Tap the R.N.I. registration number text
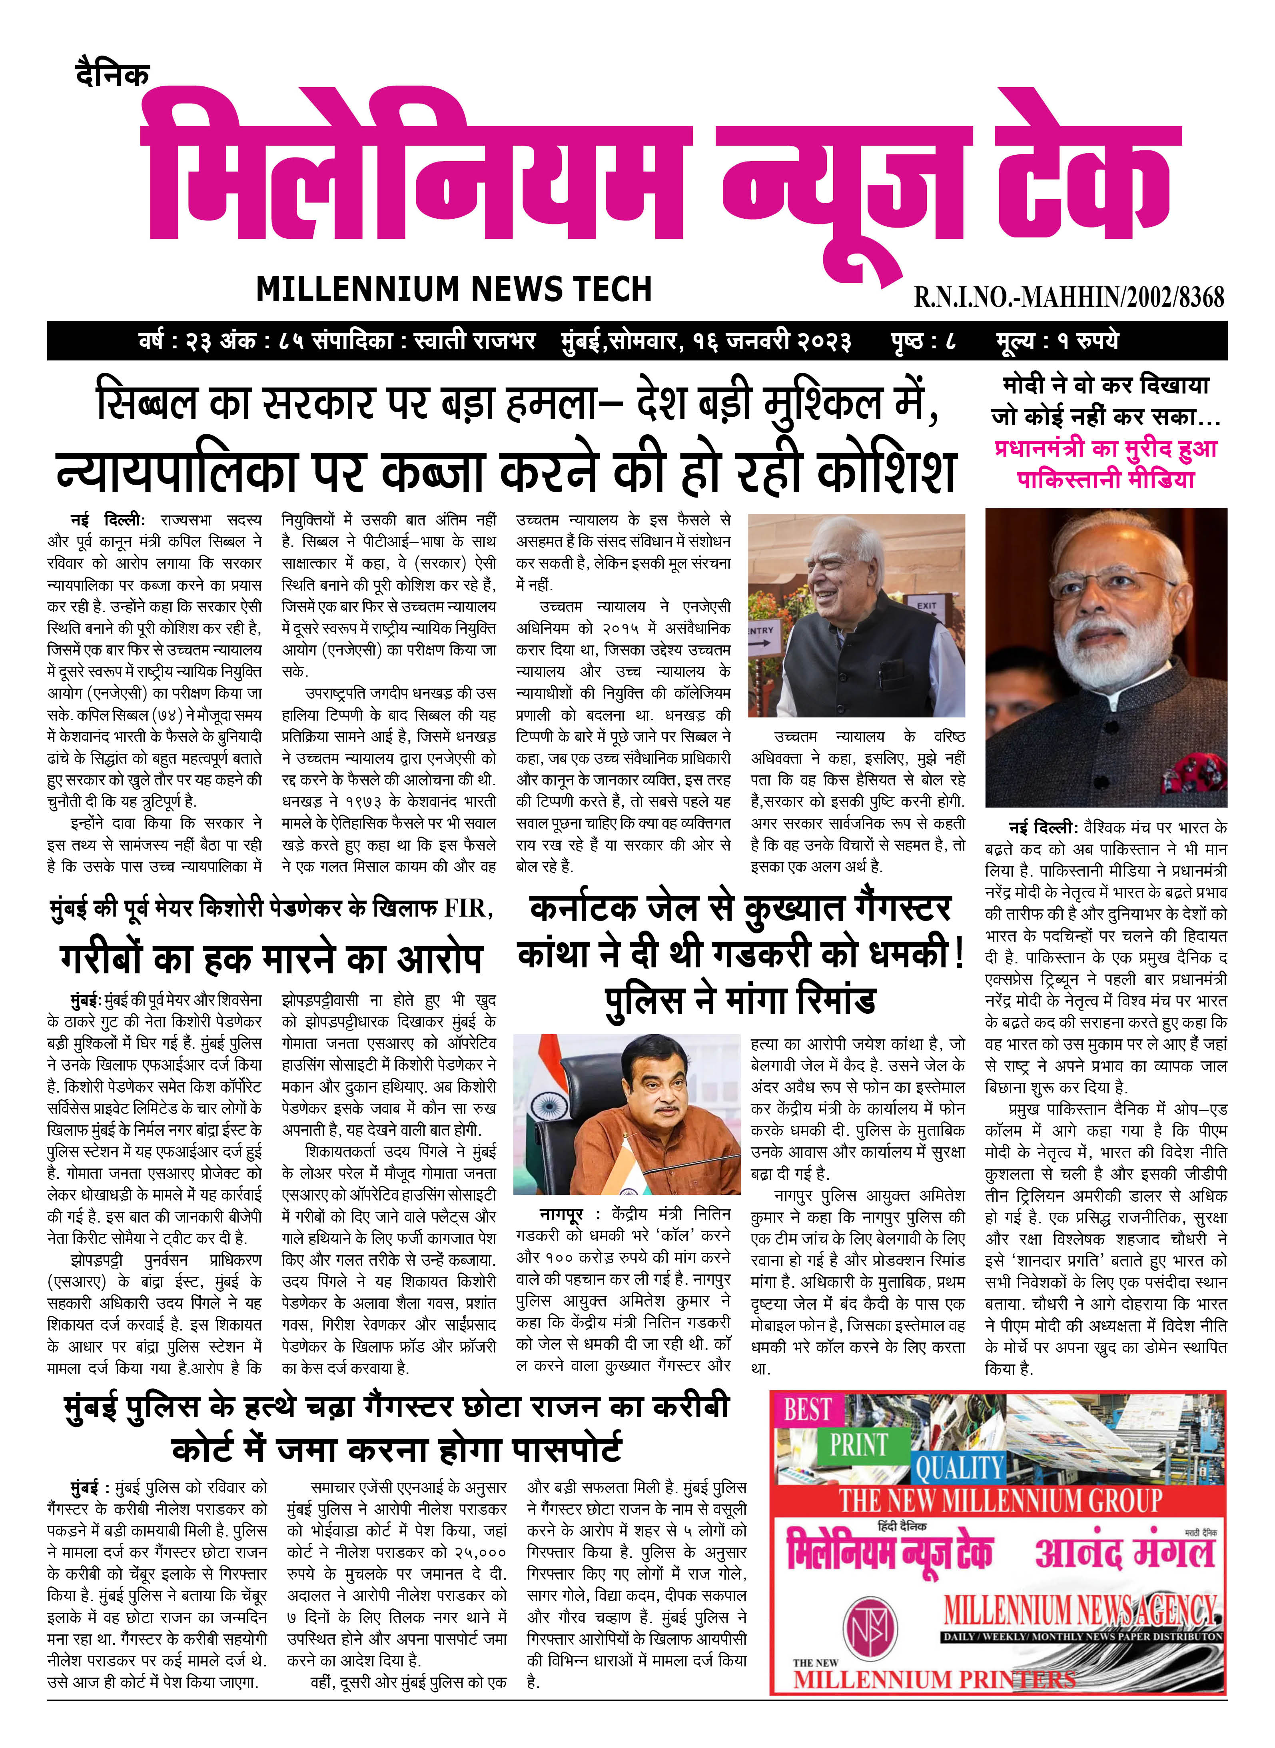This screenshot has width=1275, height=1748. pos(1069,296)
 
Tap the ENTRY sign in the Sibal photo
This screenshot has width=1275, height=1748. pos(760,631)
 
